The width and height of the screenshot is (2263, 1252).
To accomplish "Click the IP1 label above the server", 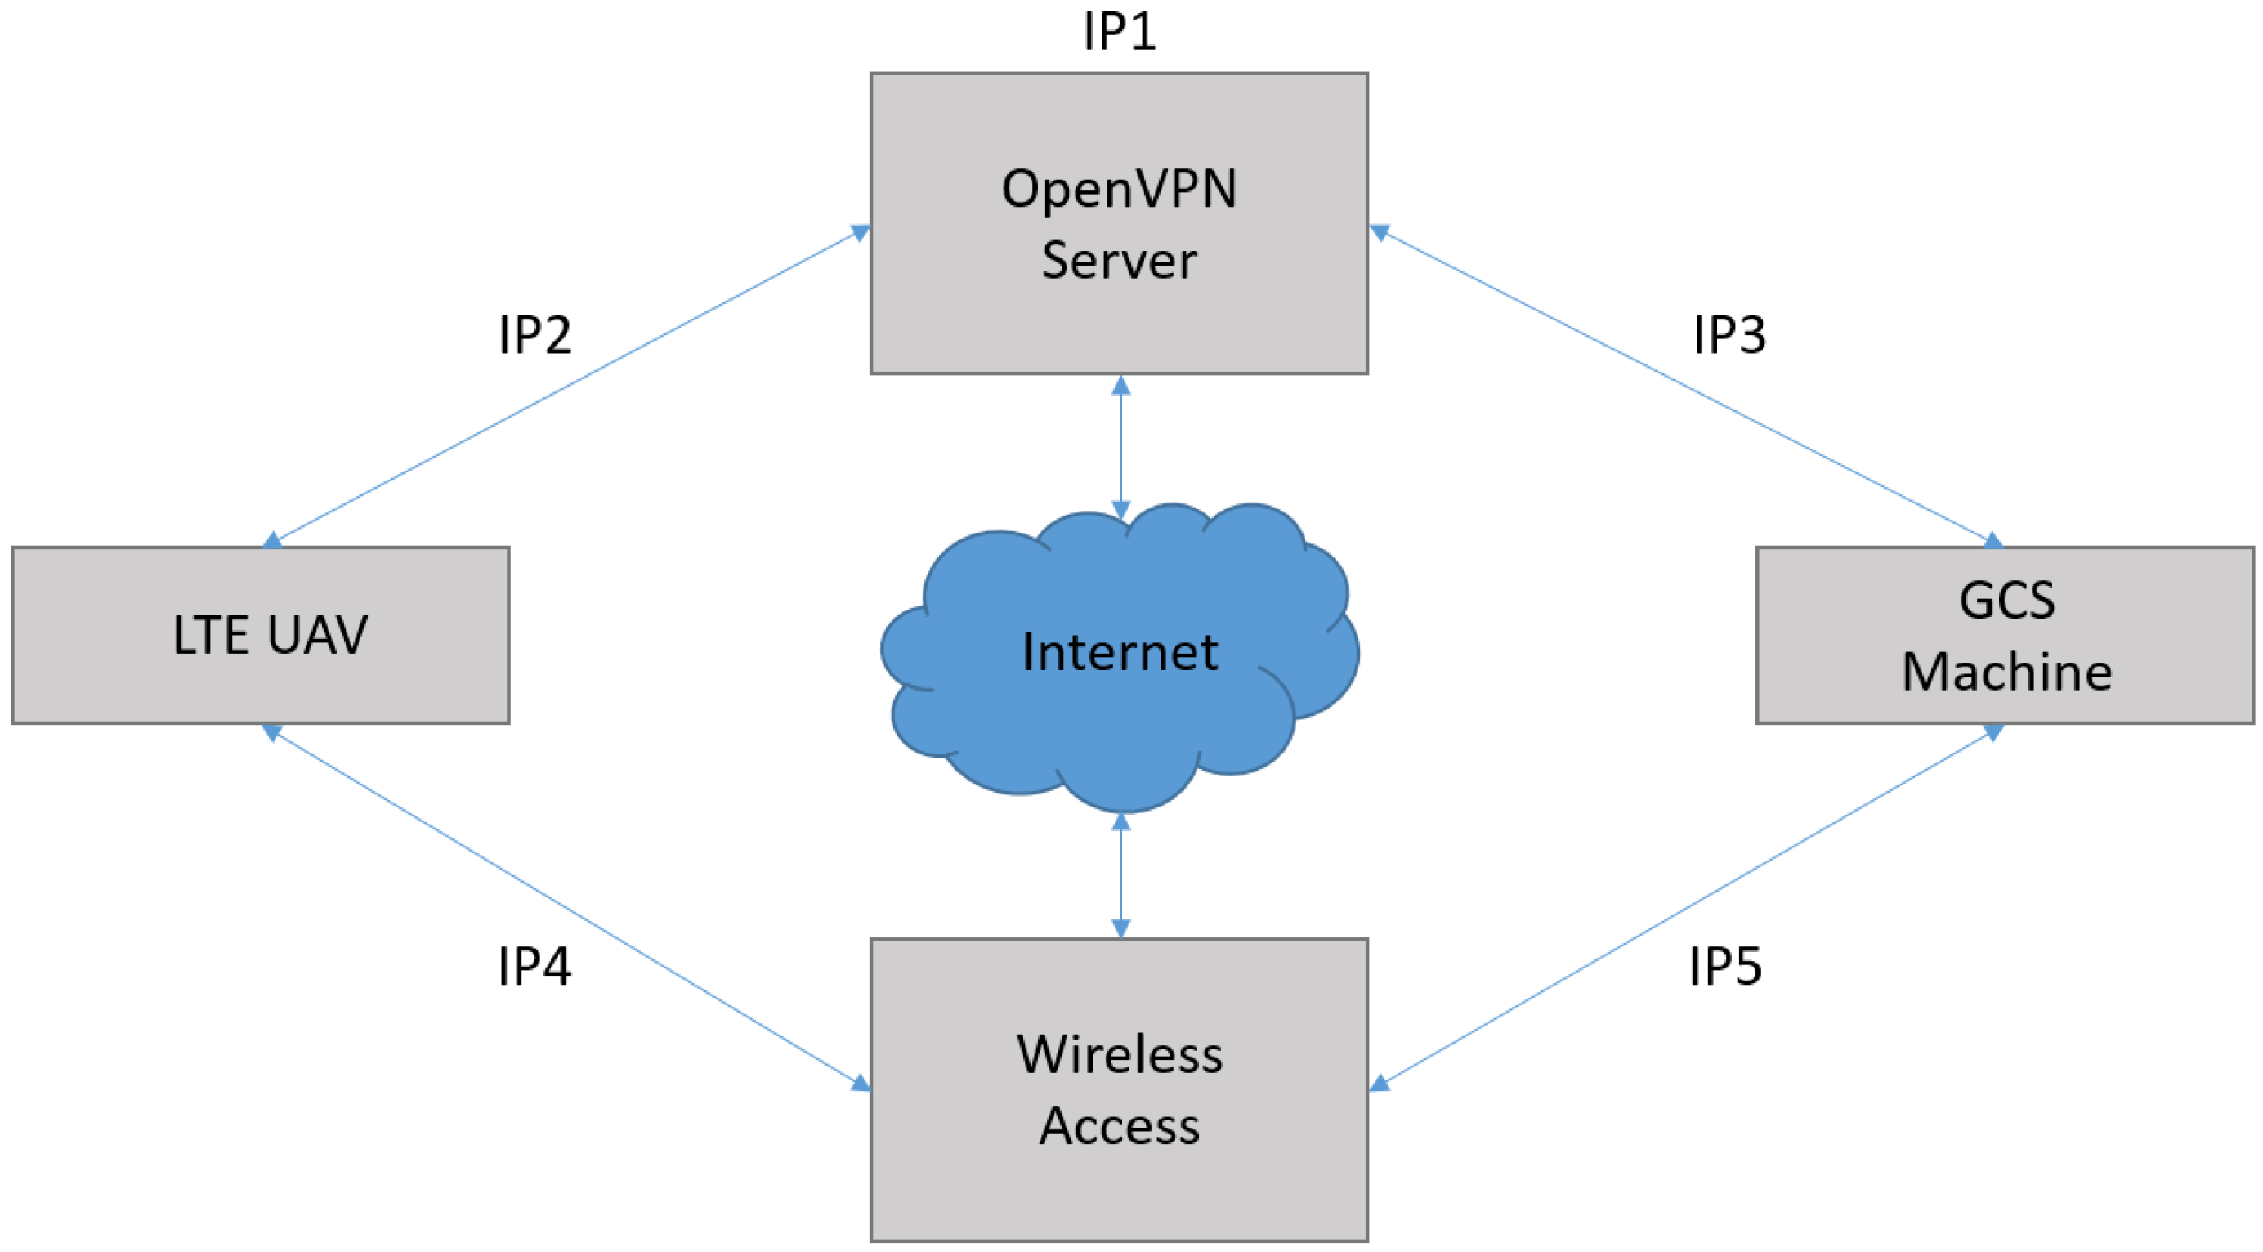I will click(x=1119, y=32).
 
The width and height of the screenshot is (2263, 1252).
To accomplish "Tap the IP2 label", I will click(x=534, y=335).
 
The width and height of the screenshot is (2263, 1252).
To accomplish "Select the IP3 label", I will click(x=1729, y=335).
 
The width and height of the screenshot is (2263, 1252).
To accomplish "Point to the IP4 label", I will click(x=534, y=967).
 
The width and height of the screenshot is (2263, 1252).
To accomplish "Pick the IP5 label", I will click(x=1725, y=967).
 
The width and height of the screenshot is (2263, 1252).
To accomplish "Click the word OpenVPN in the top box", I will click(x=1119, y=189).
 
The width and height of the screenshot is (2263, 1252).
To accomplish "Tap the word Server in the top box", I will click(x=1119, y=260).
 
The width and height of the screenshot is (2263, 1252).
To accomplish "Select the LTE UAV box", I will click(x=261, y=635).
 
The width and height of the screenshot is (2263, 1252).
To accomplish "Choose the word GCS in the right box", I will click(x=2006, y=601).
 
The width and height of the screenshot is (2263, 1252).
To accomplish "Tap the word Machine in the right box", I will click(x=2006, y=672).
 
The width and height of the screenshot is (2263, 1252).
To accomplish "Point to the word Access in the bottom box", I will click(x=1119, y=1126).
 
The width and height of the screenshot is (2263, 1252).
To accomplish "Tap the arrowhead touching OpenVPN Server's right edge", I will click(x=1380, y=233).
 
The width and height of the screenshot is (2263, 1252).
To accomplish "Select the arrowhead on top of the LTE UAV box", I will click(x=273, y=539).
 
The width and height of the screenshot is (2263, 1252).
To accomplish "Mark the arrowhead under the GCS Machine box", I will click(x=1993, y=732).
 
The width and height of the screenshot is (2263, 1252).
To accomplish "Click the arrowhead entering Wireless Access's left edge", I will click(x=861, y=1084).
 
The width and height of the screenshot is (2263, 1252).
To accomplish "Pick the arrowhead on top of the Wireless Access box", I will click(x=1121, y=928).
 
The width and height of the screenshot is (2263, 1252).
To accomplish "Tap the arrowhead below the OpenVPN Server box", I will click(x=1121, y=386).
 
